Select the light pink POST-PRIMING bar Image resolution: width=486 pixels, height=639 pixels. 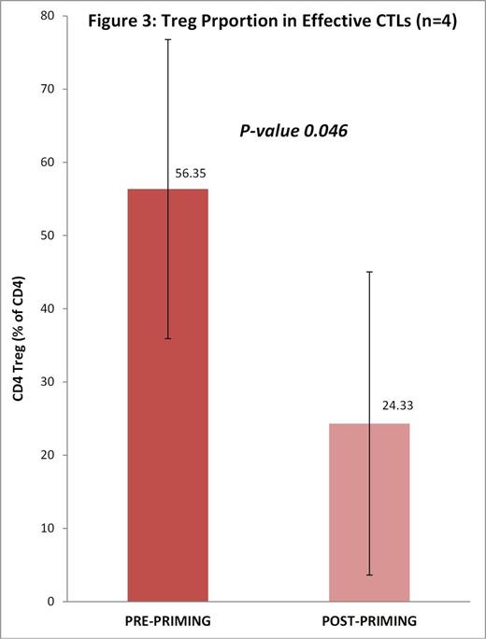[369, 514]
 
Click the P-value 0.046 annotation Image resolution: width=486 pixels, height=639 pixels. [291, 132]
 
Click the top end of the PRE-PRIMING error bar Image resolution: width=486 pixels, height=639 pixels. [168, 40]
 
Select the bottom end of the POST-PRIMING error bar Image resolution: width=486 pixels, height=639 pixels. [369, 575]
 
